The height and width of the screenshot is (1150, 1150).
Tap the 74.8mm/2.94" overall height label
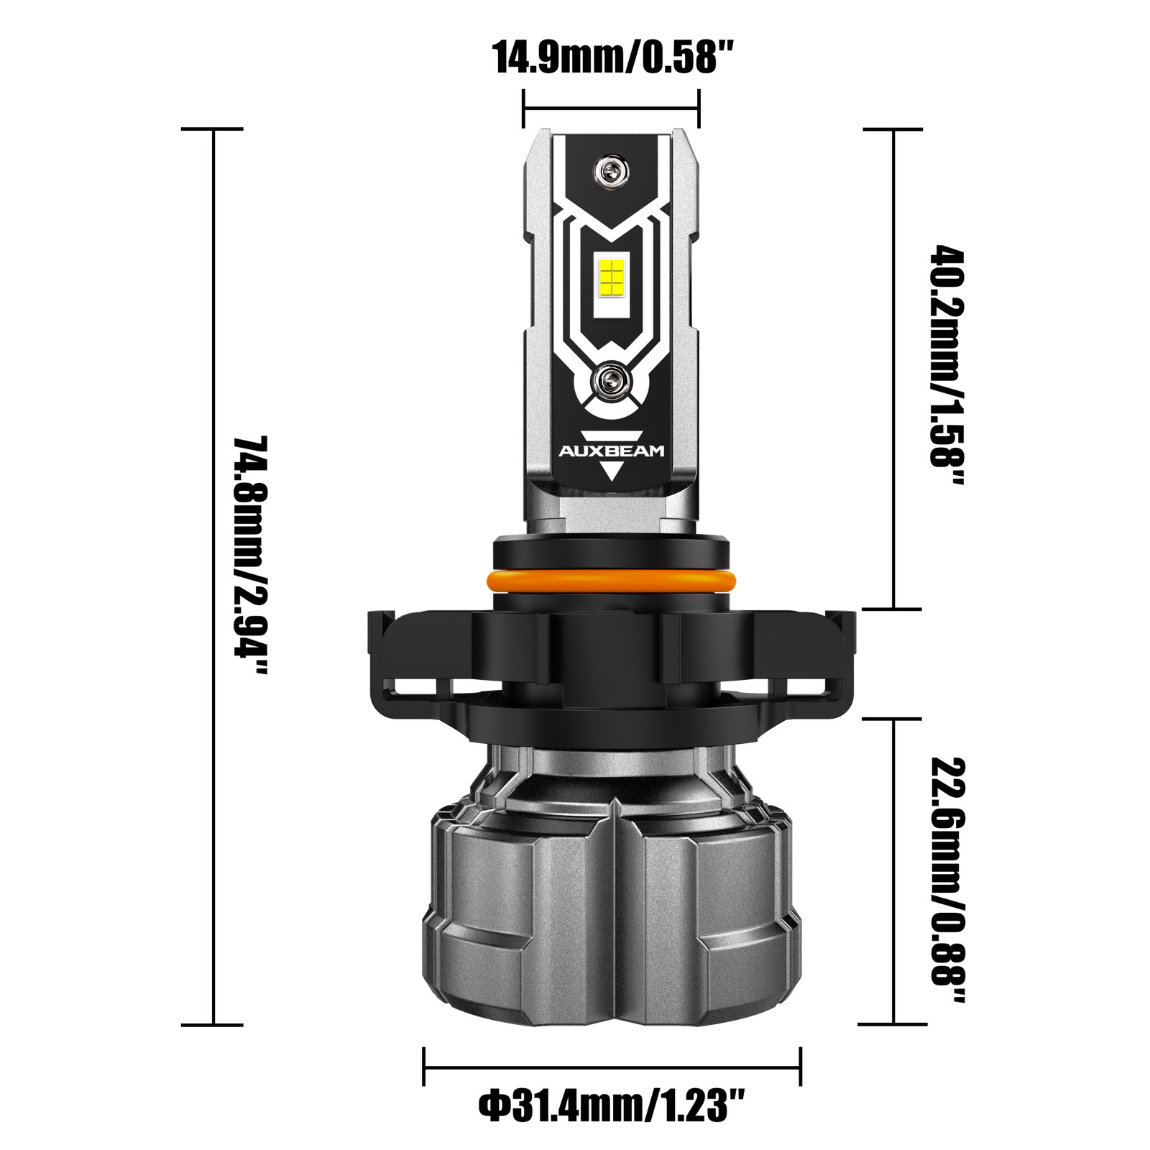251,556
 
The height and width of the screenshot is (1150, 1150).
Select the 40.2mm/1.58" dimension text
949,366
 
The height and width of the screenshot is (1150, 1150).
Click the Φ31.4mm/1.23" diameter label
612,1105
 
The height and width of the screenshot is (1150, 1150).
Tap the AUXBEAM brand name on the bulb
612,451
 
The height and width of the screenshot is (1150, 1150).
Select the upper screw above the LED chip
611,172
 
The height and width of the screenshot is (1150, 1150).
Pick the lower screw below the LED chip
611,377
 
